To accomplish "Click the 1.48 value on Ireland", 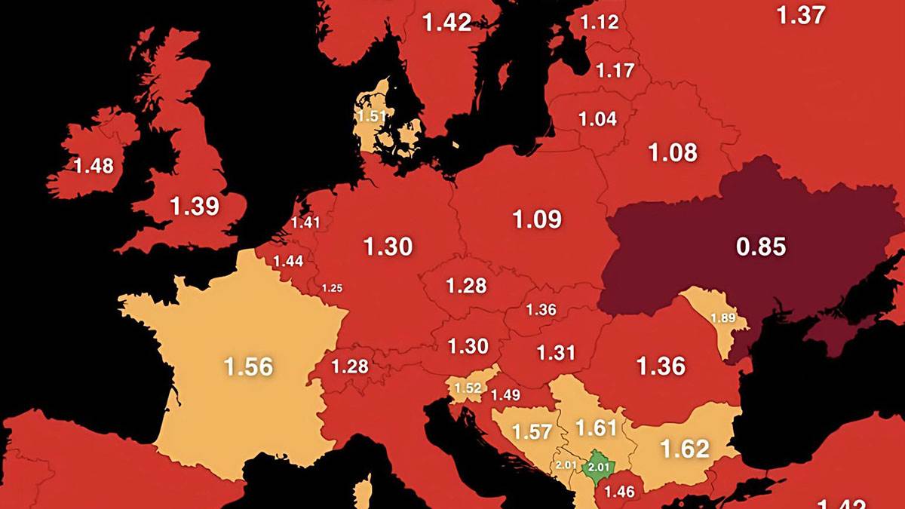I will click(x=94, y=166).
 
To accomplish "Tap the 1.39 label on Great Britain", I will click(x=195, y=206).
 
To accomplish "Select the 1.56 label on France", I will click(x=248, y=366).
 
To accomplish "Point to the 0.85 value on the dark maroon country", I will click(x=761, y=246).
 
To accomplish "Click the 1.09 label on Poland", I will click(x=537, y=219).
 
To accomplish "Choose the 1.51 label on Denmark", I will click(x=371, y=117).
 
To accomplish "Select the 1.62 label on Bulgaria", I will click(x=685, y=449).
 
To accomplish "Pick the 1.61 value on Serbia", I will click(x=596, y=428).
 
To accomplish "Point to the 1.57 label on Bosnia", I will click(x=532, y=431).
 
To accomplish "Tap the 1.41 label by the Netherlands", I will click(x=305, y=222).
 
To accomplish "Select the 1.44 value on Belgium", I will click(x=288, y=261).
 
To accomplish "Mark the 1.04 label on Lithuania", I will click(x=597, y=118).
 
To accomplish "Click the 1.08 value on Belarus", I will click(x=673, y=152).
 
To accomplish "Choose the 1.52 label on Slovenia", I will click(x=467, y=388).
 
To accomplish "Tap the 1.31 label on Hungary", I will click(x=556, y=352).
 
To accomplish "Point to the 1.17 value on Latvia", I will click(x=614, y=72).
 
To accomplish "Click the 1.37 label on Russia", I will click(x=801, y=15).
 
